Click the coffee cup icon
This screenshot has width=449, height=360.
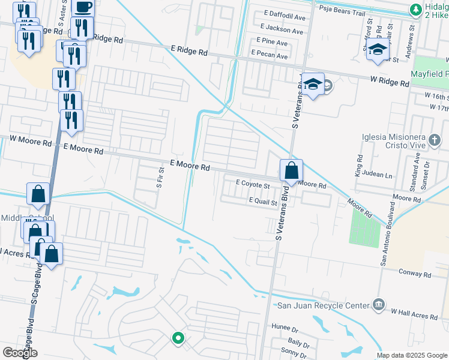(x=83, y=7)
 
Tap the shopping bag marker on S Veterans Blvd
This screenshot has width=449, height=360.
(x=291, y=171)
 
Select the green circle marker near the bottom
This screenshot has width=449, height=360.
(x=178, y=338)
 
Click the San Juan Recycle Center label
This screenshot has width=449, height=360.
(x=322, y=305)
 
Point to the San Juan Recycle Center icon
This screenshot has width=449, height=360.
(x=378, y=305)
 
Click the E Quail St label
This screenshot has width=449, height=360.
(x=263, y=203)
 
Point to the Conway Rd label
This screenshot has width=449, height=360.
(x=415, y=273)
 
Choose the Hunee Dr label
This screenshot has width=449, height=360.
(x=285, y=329)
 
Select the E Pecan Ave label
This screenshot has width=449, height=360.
(x=270, y=55)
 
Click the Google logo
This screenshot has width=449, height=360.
(x=20, y=353)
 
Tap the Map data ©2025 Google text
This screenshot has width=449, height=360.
(x=411, y=355)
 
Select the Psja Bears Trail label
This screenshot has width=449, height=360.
(x=342, y=10)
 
